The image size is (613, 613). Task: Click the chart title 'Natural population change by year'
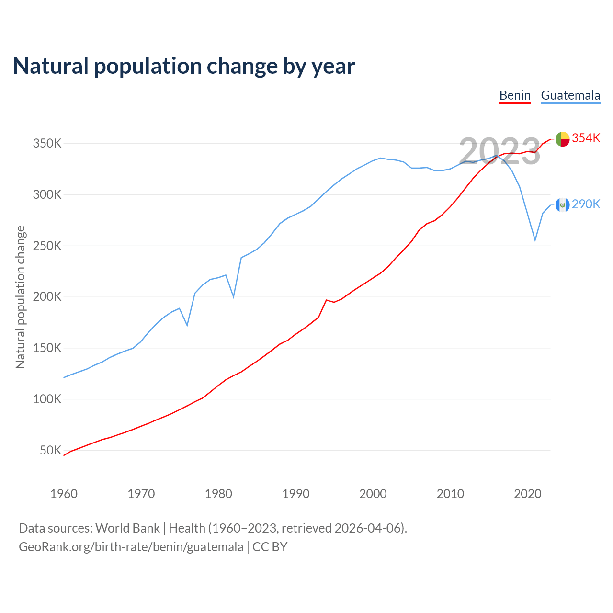click(184, 66)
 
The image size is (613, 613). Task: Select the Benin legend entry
click(515, 95)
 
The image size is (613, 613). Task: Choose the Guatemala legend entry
click(570, 95)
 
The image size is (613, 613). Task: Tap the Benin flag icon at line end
click(562, 139)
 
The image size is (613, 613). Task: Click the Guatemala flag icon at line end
click(562, 205)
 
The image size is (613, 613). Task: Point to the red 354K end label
click(586, 138)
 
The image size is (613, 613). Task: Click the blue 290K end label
click(586, 204)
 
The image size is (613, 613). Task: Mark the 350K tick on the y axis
click(47, 144)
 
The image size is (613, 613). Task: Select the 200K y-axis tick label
click(47, 297)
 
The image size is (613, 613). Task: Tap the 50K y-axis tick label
click(50, 451)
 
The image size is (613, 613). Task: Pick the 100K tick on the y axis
click(47, 399)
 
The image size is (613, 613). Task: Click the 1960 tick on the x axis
click(64, 494)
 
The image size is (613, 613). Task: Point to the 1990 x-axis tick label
click(296, 494)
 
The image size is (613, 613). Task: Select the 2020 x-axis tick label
click(528, 494)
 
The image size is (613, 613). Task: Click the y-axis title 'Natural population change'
click(21, 297)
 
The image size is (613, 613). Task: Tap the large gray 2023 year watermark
click(499, 151)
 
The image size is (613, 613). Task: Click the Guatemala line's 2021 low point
click(535, 240)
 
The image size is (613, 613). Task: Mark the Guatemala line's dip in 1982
click(234, 297)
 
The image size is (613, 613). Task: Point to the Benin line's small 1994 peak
click(326, 300)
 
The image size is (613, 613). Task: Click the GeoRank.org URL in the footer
click(131, 547)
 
